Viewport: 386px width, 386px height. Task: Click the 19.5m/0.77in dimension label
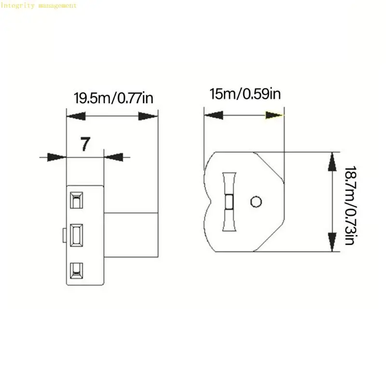(113, 98)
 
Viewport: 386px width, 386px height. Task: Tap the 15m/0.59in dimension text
(245, 93)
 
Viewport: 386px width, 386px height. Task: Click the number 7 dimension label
(85, 144)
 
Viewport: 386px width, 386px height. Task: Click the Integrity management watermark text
(39, 5)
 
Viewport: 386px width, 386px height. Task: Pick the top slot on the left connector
(76, 199)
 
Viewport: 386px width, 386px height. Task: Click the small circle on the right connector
(256, 201)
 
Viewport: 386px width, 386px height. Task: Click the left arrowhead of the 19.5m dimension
(76, 116)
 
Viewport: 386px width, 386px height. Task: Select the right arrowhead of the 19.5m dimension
(148, 116)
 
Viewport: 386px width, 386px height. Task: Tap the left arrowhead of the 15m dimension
(213, 115)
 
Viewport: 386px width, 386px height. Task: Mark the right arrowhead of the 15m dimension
(274, 115)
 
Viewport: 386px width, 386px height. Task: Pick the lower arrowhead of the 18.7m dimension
(332, 241)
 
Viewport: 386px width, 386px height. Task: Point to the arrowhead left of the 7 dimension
(56, 156)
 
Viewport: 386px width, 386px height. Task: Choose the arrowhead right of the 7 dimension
(114, 156)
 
